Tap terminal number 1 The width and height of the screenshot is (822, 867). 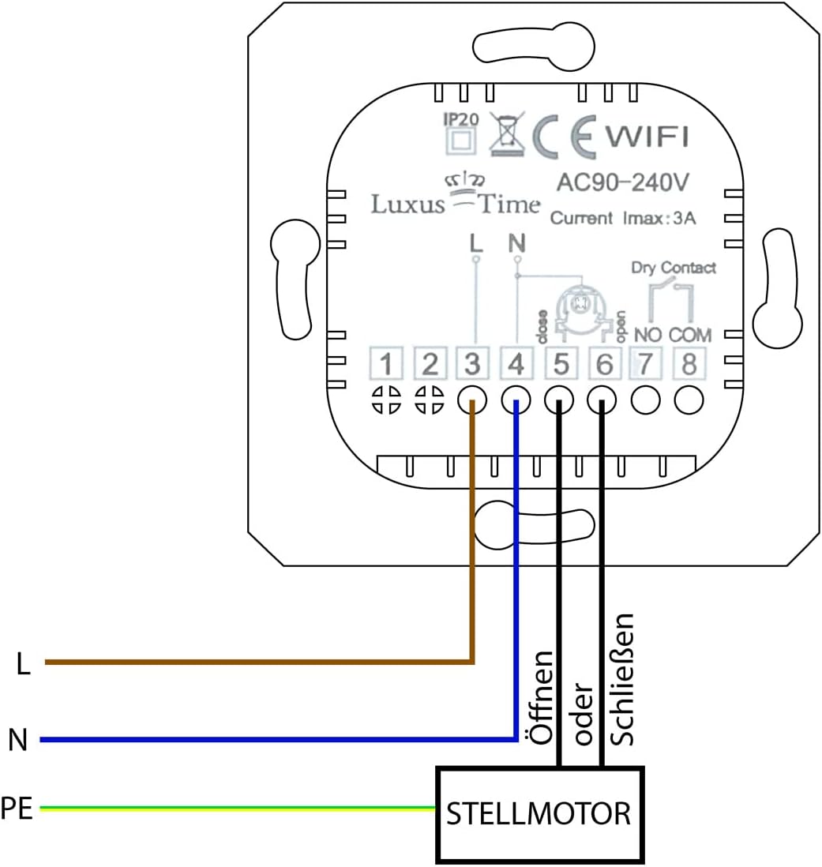pos(386,365)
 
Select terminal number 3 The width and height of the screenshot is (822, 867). pos(472,365)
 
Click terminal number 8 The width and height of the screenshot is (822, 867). pos(689,365)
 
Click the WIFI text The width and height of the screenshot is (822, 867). pos(647,137)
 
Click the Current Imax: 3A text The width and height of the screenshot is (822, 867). pos(622,219)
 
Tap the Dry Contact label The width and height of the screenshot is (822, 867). pos(673,268)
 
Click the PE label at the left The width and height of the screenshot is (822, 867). pos(17,809)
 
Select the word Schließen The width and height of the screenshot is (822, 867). pos(624,678)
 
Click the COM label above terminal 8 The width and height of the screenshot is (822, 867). pos(689,336)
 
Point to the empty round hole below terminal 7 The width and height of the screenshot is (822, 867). pos(646,401)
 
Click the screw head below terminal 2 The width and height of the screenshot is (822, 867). pos(430,400)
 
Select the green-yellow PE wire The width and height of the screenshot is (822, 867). pos(237,808)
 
